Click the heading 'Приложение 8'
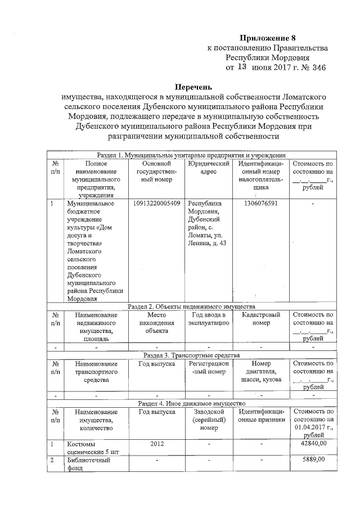click(x=267, y=38)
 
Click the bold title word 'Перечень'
click(x=193, y=88)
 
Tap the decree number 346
click(x=319, y=68)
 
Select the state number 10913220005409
click(x=157, y=203)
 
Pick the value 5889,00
click(x=313, y=461)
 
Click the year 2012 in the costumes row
click(x=157, y=444)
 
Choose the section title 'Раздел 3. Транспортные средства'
click(x=192, y=355)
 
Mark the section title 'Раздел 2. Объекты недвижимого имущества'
click(x=192, y=307)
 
